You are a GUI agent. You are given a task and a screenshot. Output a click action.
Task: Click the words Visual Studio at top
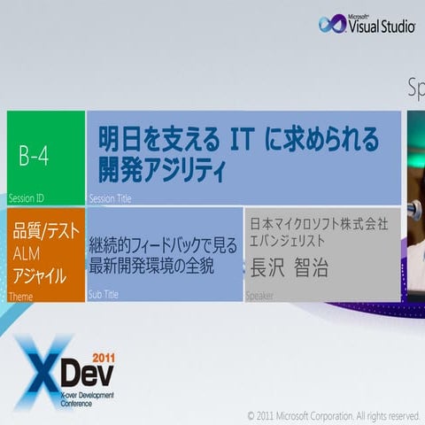click(381, 27)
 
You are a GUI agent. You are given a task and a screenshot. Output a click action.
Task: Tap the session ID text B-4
click(34, 157)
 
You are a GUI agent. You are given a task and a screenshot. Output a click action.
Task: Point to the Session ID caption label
click(26, 198)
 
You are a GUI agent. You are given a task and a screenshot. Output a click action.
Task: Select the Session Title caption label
click(110, 199)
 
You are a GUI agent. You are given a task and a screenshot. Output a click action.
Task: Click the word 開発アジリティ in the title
click(162, 169)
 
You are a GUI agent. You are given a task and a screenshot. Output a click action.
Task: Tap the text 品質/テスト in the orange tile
click(46, 233)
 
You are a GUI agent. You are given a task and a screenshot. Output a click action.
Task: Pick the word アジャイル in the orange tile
click(40, 276)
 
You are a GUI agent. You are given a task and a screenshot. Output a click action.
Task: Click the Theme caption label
click(19, 296)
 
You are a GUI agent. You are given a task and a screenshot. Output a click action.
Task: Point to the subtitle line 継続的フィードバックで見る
click(163, 244)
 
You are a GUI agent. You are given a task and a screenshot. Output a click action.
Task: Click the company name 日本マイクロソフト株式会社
click(319, 223)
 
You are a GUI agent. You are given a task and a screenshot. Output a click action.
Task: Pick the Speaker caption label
click(259, 296)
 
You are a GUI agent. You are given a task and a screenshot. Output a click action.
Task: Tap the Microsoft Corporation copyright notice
click(333, 414)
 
